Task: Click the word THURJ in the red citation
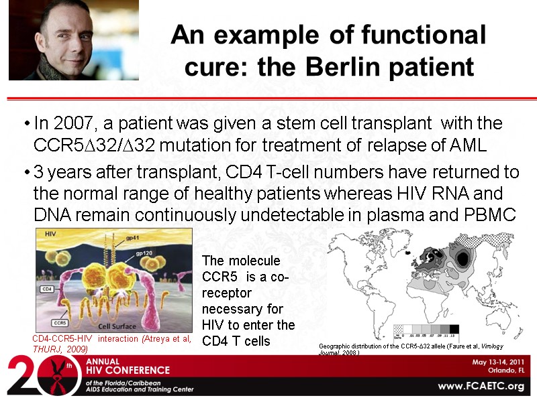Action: tap(48, 348)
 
